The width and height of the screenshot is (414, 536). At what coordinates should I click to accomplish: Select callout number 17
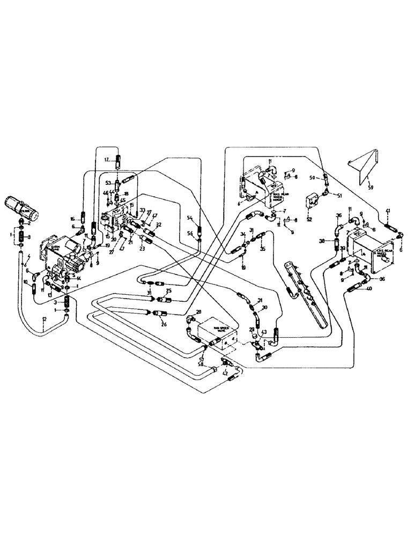(x=107, y=159)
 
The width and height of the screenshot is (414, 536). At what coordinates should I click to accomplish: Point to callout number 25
(x=168, y=291)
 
